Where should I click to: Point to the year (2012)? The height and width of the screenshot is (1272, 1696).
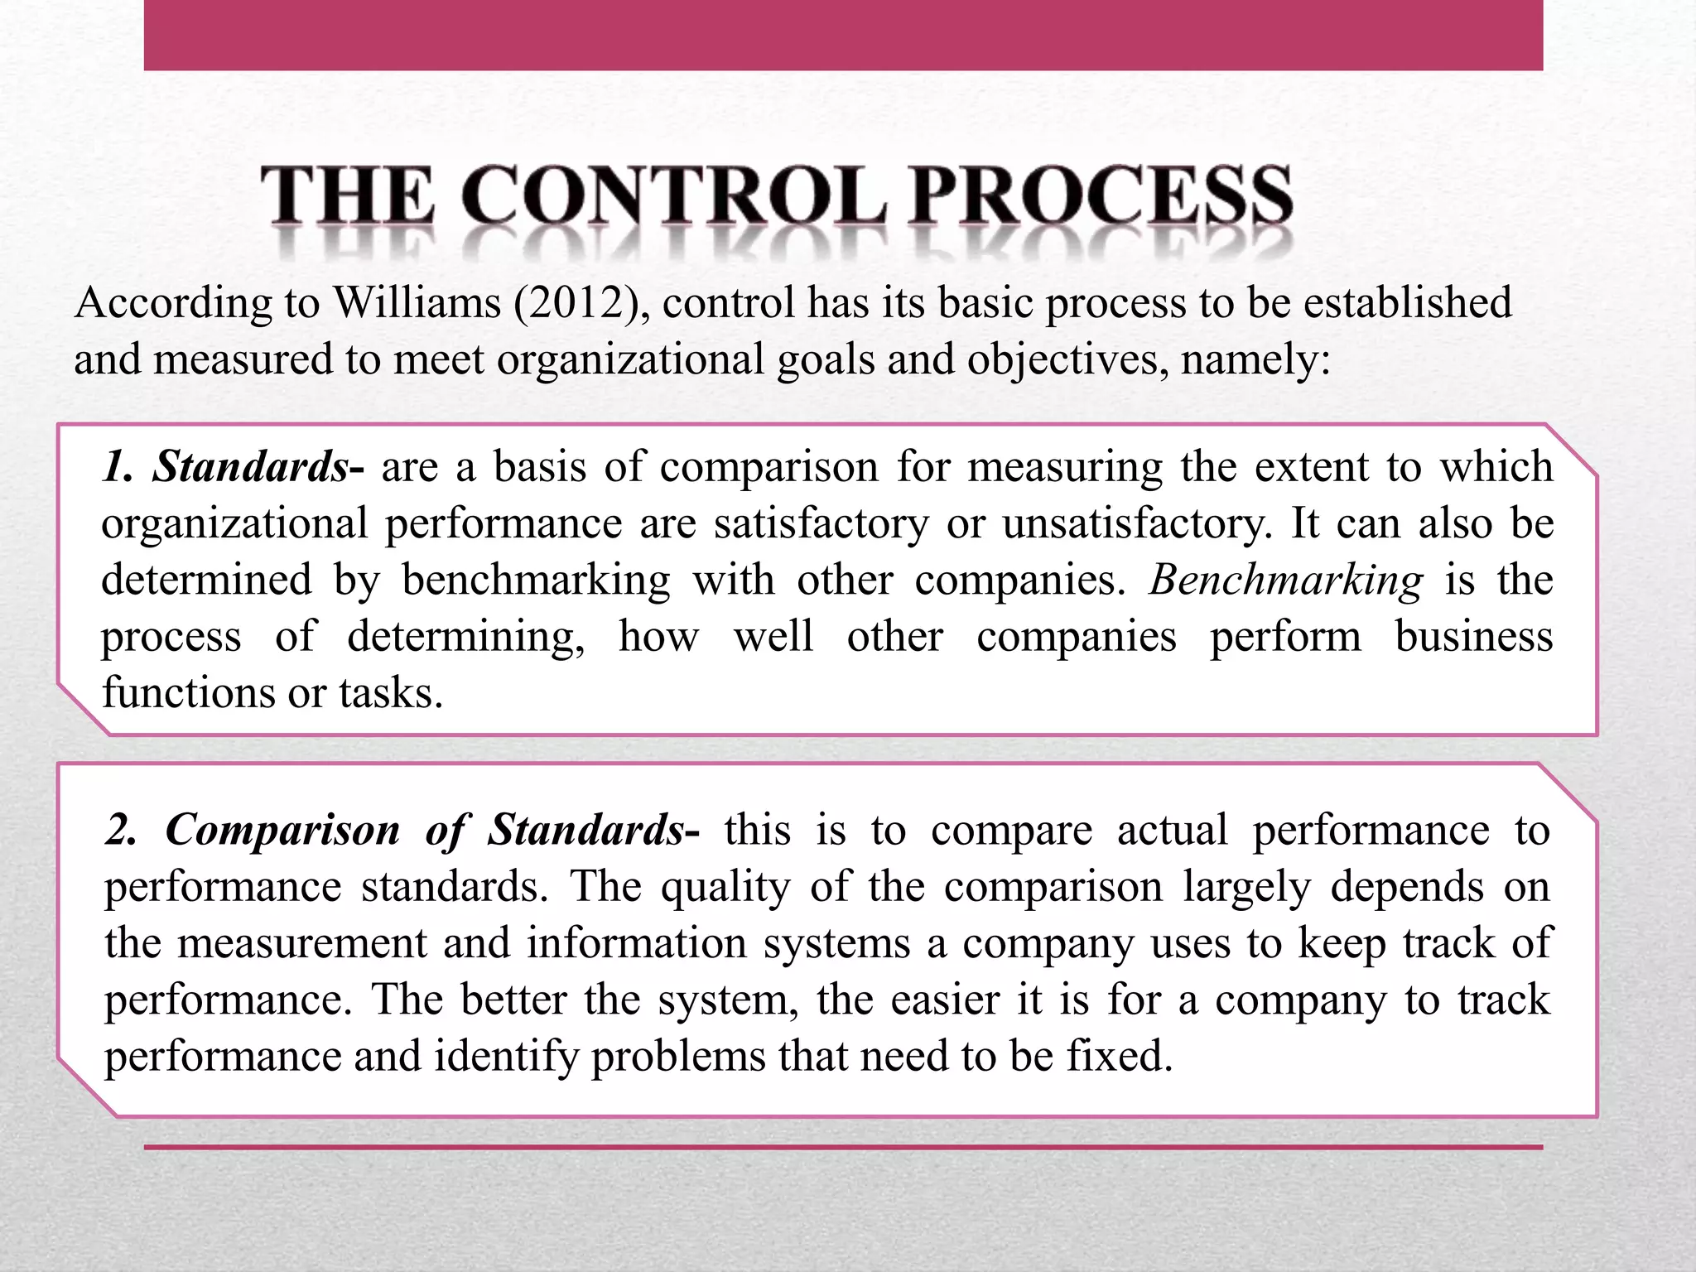(x=576, y=303)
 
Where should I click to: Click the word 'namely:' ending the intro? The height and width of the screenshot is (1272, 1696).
(x=1255, y=359)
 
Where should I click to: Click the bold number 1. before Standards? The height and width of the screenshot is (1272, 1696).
(x=118, y=466)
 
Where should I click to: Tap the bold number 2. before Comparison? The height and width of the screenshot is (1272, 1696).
(x=121, y=830)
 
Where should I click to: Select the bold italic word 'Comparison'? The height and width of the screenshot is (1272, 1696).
(x=282, y=830)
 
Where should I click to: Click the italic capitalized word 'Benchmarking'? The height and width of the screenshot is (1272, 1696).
(x=1285, y=580)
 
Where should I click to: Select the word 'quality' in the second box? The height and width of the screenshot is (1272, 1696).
(x=725, y=888)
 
